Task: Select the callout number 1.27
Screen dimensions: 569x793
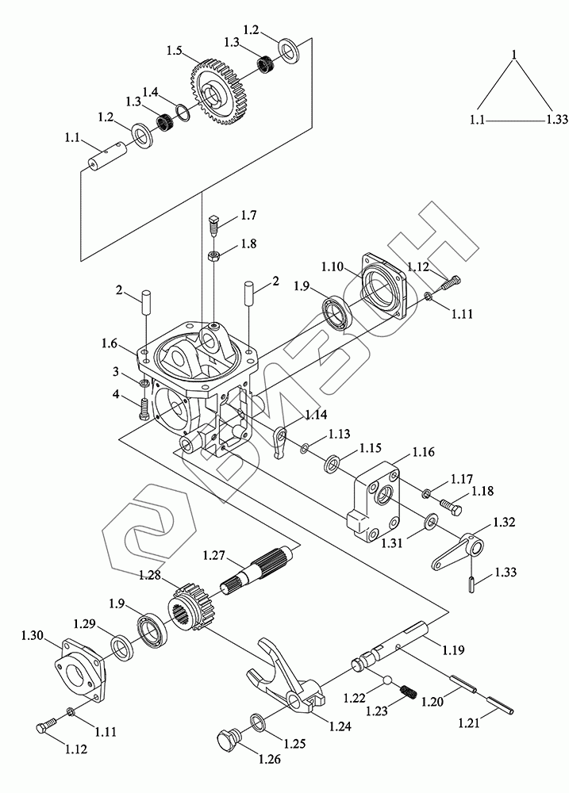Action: pos(213,555)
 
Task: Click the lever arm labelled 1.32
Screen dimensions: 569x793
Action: pos(458,551)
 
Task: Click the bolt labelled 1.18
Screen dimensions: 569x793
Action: pos(451,508)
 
